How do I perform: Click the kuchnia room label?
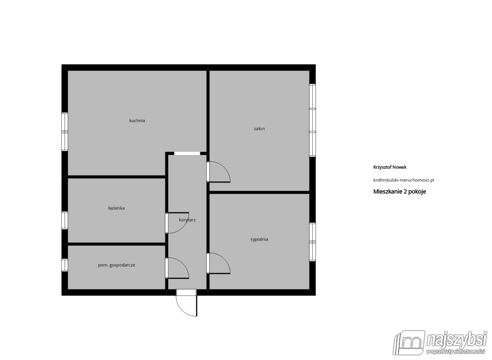137,121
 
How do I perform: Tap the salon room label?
260,129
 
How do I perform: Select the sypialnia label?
259,239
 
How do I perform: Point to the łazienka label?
116,208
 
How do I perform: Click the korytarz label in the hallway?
187,220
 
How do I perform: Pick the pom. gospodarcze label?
116,265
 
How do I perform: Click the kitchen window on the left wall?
65,132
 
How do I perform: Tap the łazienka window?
65,220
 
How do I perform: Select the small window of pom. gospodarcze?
65,265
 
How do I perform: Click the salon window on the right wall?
312,120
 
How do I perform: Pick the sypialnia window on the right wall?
312,242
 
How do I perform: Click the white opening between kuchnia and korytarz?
187,153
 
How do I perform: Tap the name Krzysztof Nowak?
390,167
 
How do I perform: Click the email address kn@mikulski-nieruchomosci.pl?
404,180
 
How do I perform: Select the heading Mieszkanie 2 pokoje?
400,191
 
